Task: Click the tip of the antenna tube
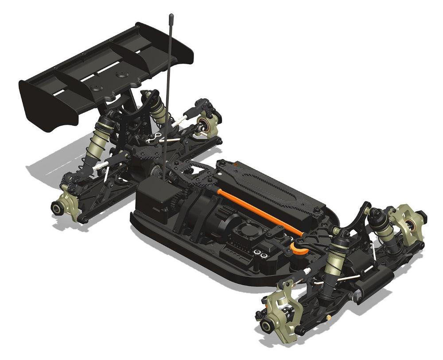click(171, 16)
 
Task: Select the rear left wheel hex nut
click(57, 207)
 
